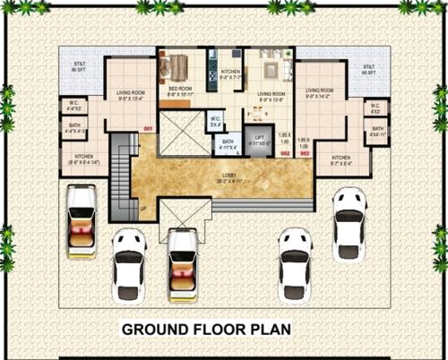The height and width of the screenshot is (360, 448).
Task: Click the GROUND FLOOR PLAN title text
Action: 206,330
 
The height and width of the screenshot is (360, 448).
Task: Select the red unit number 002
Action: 285,154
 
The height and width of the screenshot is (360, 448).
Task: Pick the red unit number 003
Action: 305,154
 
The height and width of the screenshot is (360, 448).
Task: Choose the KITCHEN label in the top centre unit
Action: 230,73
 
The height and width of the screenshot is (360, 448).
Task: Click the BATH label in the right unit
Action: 377,132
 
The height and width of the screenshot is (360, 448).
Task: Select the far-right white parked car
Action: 349,219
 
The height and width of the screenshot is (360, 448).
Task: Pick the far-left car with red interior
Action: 82,215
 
